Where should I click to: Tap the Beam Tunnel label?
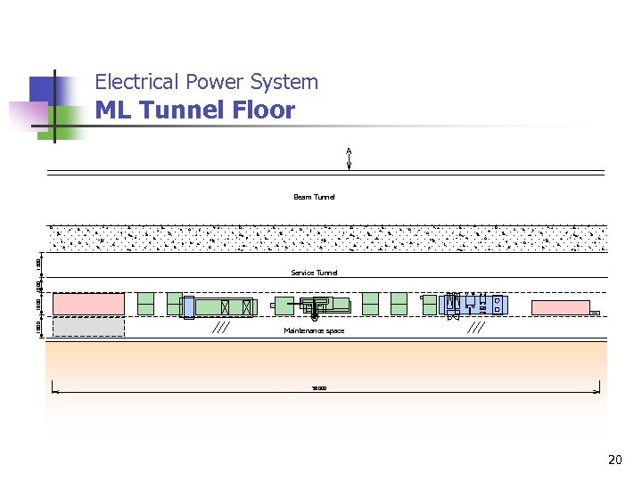[314, 197]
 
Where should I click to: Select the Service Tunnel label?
[314, 273]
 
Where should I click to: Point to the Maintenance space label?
[314, 330]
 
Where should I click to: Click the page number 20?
[613, 461]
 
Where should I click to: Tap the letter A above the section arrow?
[350, 150]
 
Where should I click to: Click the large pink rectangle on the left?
[88, 304]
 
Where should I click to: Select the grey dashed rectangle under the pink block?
[88, 327]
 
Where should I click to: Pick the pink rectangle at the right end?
[560, 307]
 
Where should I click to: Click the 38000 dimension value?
[318, 388]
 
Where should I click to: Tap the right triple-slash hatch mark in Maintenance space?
[476, 328]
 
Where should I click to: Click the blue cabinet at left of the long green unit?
[188, 306]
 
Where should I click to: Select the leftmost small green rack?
[145, 304]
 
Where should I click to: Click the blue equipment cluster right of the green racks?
[476, 305]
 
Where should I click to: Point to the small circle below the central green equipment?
[315, 317]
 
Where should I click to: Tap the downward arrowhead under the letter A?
[350, 165]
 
